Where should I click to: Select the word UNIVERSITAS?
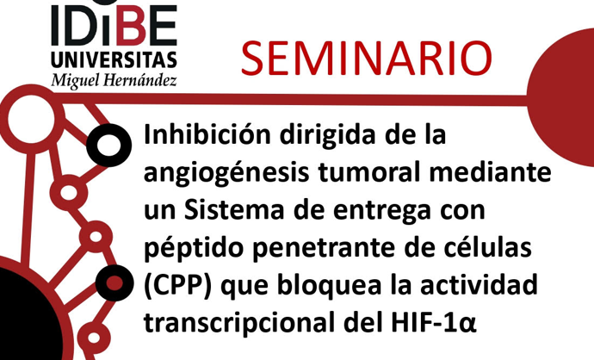pos(114,59)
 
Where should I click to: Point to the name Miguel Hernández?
pos(114,79)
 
